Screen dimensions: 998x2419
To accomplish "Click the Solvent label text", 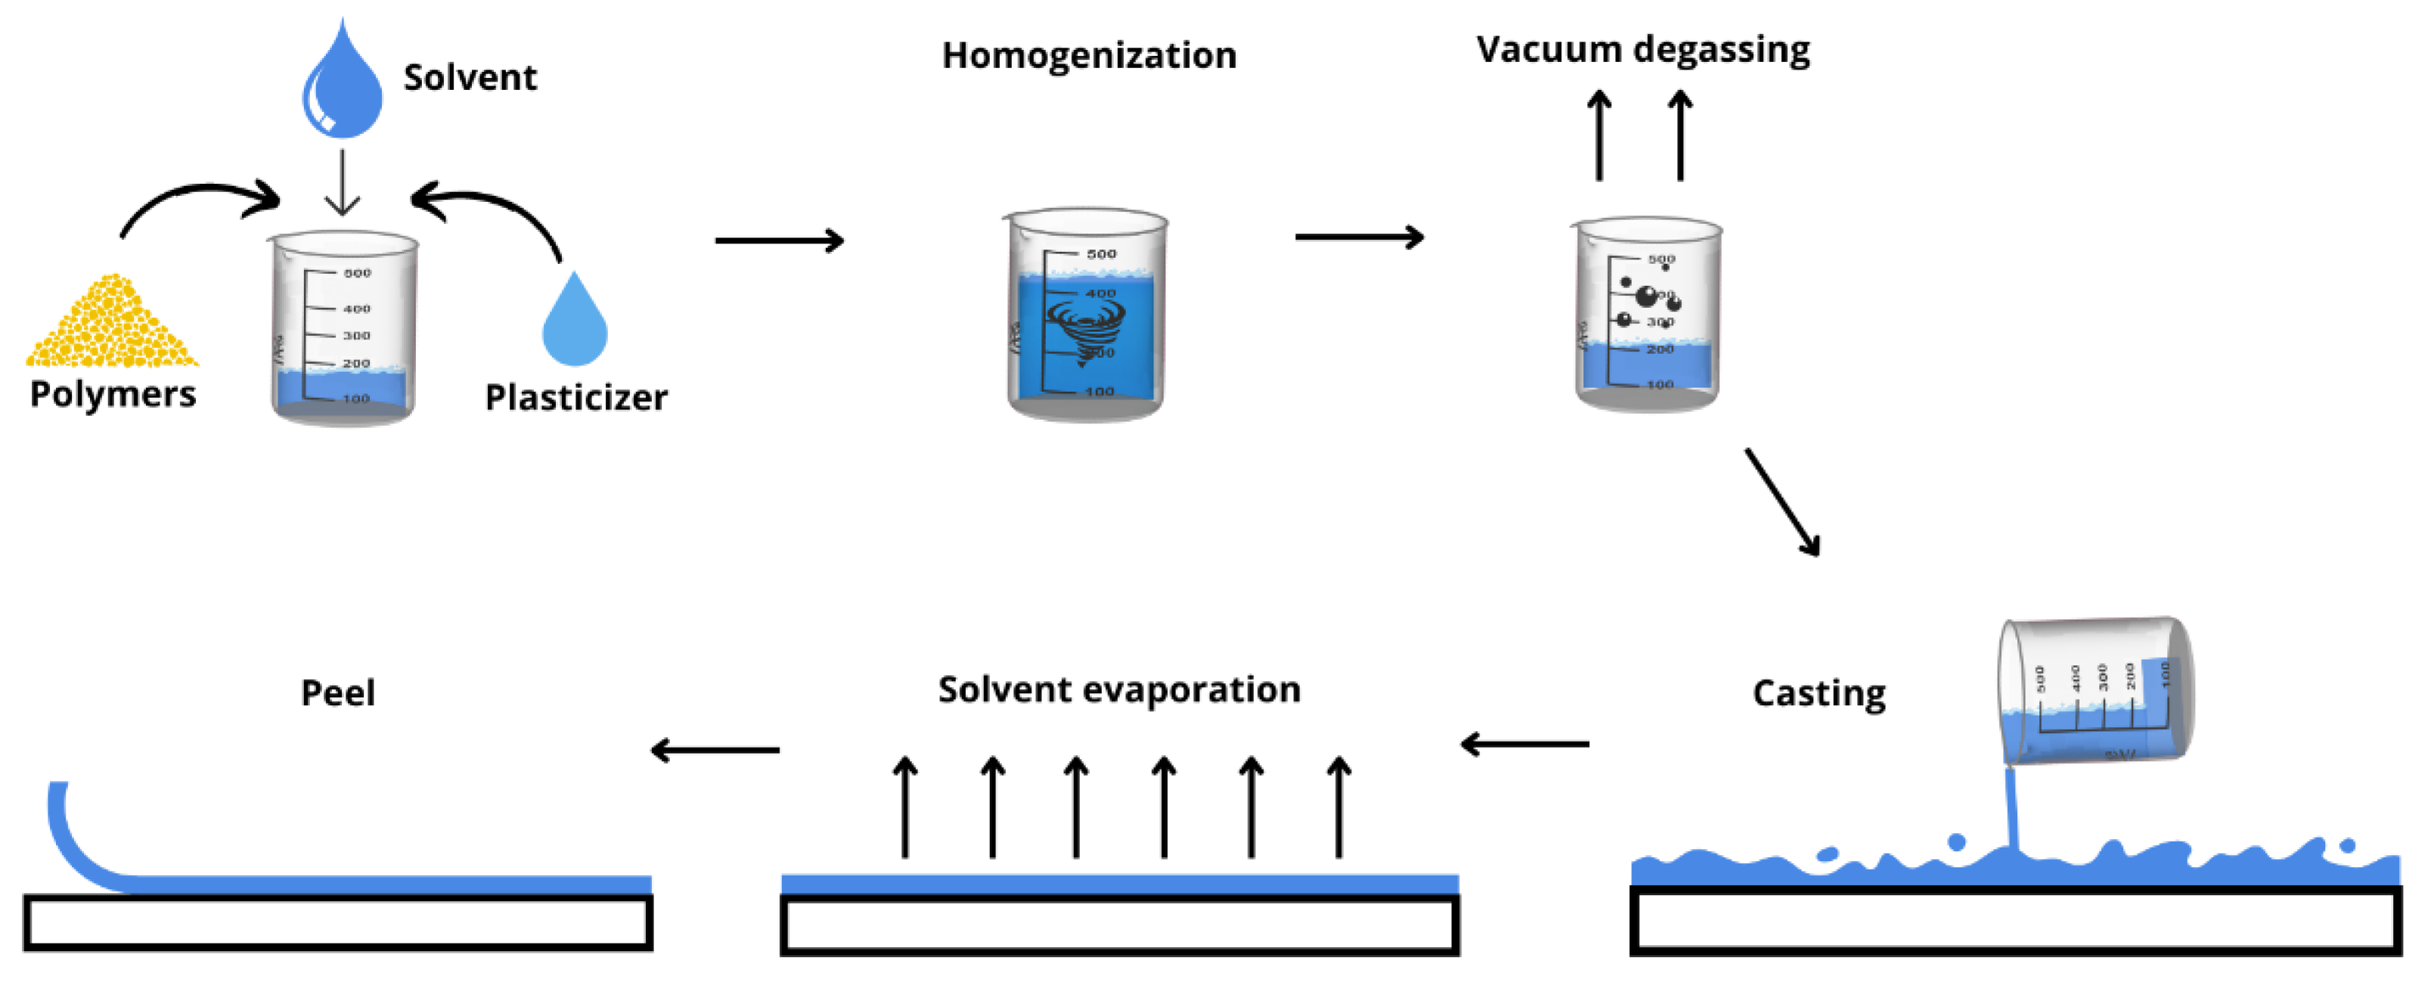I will point(470,78).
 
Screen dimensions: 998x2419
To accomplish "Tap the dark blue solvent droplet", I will point(342,89).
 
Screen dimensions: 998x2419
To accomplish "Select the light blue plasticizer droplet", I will point(575,324).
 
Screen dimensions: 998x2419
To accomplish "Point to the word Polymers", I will point(113,393).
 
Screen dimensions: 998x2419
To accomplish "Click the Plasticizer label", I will point(575,397).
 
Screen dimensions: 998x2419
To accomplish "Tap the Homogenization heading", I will point(1090,55).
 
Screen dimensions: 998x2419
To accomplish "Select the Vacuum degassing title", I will point(1642,49).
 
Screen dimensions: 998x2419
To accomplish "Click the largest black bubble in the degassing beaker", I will point(1646,296).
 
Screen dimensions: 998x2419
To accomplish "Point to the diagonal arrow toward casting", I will point(1782,502).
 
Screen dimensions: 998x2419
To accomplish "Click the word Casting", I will point(1818,693).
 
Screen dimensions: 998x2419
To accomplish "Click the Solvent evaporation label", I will point(1119,689).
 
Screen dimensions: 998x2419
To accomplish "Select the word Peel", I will point(337,693).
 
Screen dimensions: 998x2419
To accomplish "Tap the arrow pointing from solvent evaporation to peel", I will point(715,750).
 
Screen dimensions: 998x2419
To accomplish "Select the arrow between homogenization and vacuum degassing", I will point(1359,237).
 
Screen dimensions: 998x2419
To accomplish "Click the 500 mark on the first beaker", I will point(357,273).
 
